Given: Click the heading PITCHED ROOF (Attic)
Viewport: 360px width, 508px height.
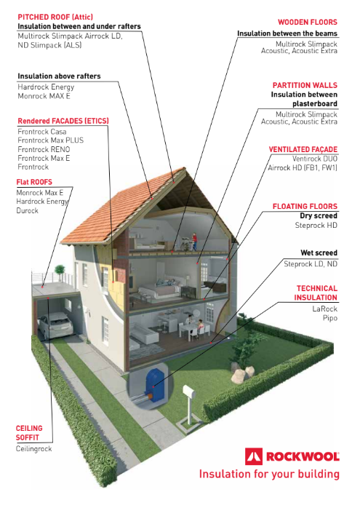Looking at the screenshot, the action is coord(55,17).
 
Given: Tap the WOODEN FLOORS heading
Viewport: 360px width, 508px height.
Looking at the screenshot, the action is coord(307,22).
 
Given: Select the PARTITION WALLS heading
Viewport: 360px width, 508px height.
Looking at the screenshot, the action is coord(305,85).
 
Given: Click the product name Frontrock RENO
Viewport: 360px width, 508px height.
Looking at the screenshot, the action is coord(44,149).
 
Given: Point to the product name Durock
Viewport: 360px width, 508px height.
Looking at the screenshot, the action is coord(27,210).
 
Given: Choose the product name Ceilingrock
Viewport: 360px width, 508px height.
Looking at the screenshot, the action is coord(33,449).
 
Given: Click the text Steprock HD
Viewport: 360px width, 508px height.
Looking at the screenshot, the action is coord(316,225).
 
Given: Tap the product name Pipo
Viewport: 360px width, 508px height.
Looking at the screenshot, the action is coord(330,318).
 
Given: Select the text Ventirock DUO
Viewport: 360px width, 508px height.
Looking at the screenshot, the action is coord(315,159).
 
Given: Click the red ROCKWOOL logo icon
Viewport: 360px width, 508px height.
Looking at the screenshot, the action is coord(254,456).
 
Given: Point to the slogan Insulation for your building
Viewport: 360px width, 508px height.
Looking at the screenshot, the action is coord(269,474).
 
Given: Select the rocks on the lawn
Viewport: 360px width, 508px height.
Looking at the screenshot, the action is coord(242,373).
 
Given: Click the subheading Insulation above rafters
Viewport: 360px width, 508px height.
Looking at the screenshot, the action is coord(59,76).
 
